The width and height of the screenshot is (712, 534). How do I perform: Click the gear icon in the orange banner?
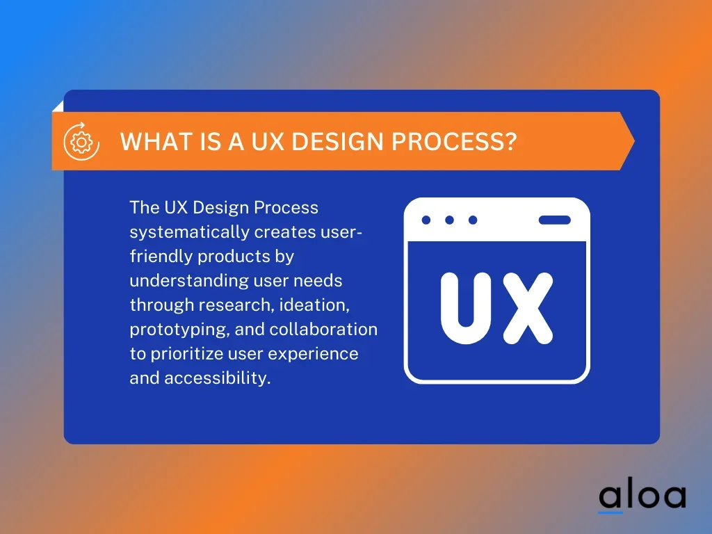(82, 142)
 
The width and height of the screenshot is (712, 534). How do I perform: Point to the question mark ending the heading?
(510, 142)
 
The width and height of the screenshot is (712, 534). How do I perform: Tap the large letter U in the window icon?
(466, 307)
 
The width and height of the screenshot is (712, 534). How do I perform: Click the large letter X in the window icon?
(528, 307)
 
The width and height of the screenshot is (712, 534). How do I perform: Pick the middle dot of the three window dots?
(450, 220)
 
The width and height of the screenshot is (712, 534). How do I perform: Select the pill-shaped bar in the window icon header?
(554, 220)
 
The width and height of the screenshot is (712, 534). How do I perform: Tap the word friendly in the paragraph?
(161, 257)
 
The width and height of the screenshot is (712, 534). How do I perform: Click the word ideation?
(314, 305)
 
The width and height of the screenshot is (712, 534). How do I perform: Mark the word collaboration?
(323, 329)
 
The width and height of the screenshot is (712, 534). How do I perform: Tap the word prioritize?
(186, 354)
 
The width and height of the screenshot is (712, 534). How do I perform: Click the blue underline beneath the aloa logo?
(610, 512)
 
